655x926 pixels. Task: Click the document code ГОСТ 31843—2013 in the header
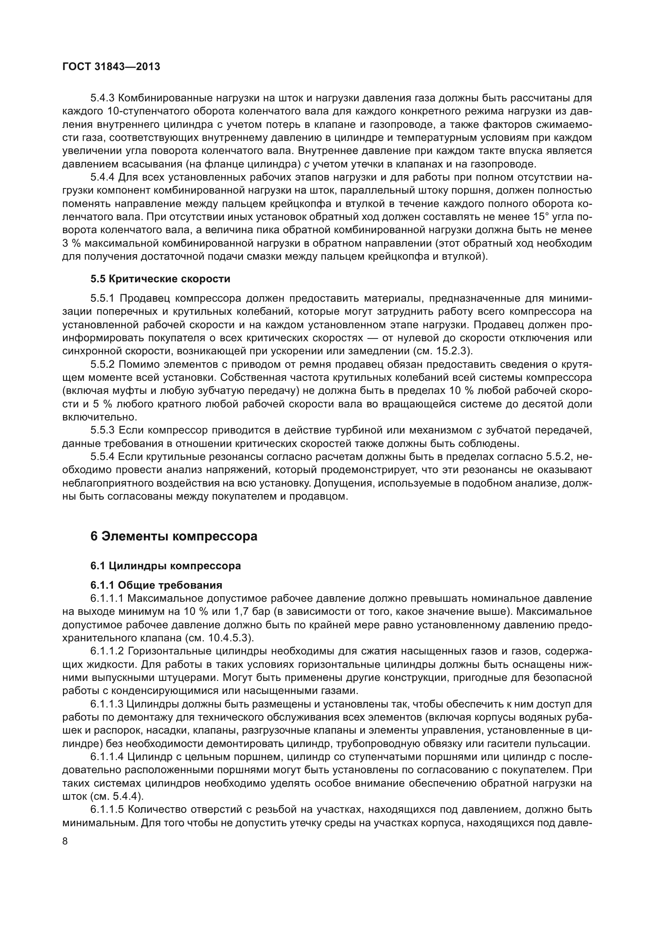[x=111, y=67]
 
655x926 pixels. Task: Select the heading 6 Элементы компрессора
[x=174, y=536]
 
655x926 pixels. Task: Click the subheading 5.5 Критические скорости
[x=160, y=279]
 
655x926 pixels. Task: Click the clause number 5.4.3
[x=103, y=98]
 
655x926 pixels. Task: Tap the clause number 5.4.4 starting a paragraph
[x=103, y=177]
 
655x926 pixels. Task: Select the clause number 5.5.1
[x=103, y=299]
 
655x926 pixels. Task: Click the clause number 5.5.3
[x=103, y=431]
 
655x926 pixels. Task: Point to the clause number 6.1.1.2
[x=107, y=651]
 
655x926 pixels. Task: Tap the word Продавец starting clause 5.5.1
[x=146, y=299]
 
